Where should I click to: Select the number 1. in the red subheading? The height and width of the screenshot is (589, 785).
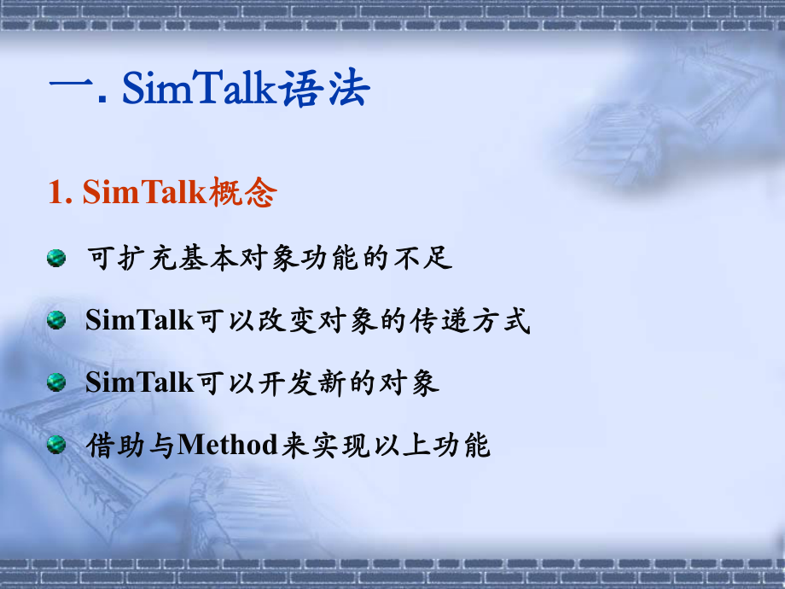click(61, 194)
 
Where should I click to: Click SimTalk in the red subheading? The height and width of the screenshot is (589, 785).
click(144, 194)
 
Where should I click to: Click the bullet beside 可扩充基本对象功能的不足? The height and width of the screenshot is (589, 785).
click(56, 257)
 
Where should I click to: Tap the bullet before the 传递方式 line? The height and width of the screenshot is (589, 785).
click(56, 320)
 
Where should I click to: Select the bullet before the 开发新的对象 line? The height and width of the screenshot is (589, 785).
click(56, 382)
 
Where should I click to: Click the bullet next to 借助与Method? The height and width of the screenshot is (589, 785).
click(56, 444)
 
